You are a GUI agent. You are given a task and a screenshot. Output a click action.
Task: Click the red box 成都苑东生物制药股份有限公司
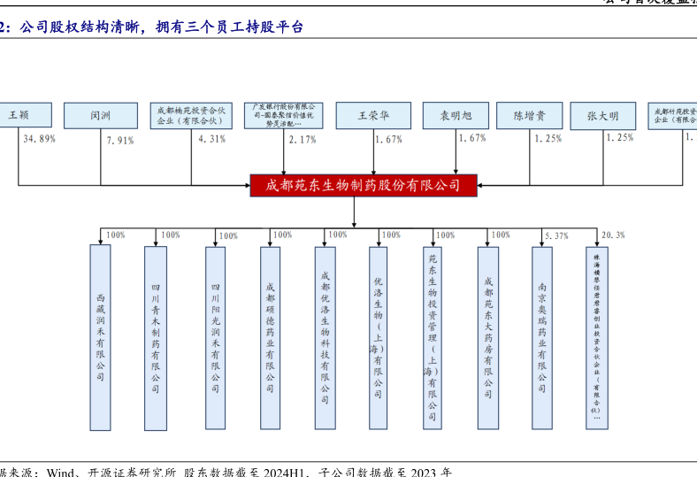click(x=364, y=185)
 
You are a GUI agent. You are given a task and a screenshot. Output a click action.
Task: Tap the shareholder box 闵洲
click(x=100, y=115)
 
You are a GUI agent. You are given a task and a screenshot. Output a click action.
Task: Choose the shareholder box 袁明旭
click(x=456, y=115)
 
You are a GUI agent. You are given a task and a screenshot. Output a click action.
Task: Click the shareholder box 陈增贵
click(x=529, y=115)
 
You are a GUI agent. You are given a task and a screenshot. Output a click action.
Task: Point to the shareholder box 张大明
click(x=602, y=115)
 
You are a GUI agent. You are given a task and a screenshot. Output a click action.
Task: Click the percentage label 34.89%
click(x=40, y=139)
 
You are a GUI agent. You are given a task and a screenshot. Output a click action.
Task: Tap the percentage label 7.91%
click(x=119, y=140)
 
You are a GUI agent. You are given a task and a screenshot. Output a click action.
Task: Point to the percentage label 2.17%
click(x=303, y=139)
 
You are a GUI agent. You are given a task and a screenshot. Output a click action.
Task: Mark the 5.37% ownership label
click(x=557, y=235)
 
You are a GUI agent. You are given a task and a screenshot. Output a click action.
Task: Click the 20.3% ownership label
click(x=613, y=235)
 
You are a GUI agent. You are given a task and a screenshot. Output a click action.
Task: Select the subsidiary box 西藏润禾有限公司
click(x=101, y=337)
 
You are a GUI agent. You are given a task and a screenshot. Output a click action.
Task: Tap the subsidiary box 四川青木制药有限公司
click(x=156, y=337)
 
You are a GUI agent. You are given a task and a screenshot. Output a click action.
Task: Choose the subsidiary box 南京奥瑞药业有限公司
click(x=542, y=337)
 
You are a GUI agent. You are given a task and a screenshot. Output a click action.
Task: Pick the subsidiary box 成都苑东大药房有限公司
click(x=488, y=337)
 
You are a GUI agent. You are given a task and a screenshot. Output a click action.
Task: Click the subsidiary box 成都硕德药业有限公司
click(x=271, y=337)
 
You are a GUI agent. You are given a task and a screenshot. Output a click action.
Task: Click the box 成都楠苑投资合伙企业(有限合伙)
click(x=191, y=115)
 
